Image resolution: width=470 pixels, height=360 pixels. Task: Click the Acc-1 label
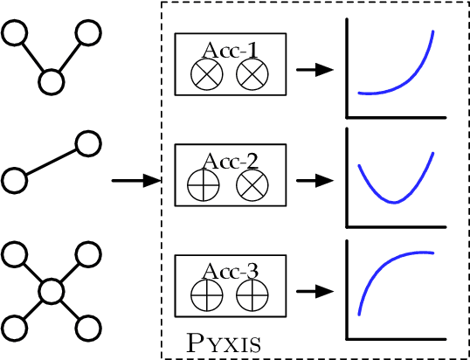click(x=230, y=51)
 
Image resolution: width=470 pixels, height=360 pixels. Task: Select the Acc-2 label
click(x=230, y=160)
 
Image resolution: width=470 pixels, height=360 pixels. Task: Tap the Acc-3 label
click(x=230, y=271)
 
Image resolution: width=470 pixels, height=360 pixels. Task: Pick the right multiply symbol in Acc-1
click(x=252, y=76)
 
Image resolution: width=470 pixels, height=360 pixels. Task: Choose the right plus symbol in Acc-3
click(x=252, y=296)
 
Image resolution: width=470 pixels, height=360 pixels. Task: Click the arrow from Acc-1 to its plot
click(x=314, y=70)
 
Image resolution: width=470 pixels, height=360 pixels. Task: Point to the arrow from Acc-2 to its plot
click(x=314, y=181)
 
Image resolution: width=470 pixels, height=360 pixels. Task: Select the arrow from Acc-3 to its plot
click(x=314, y=291)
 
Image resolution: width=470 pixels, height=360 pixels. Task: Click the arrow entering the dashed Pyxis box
click(x=136, y=181)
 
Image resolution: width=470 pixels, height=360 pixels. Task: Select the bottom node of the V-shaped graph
click(x=52, y=82)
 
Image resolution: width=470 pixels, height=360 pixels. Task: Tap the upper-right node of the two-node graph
click(x=86, y=142)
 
